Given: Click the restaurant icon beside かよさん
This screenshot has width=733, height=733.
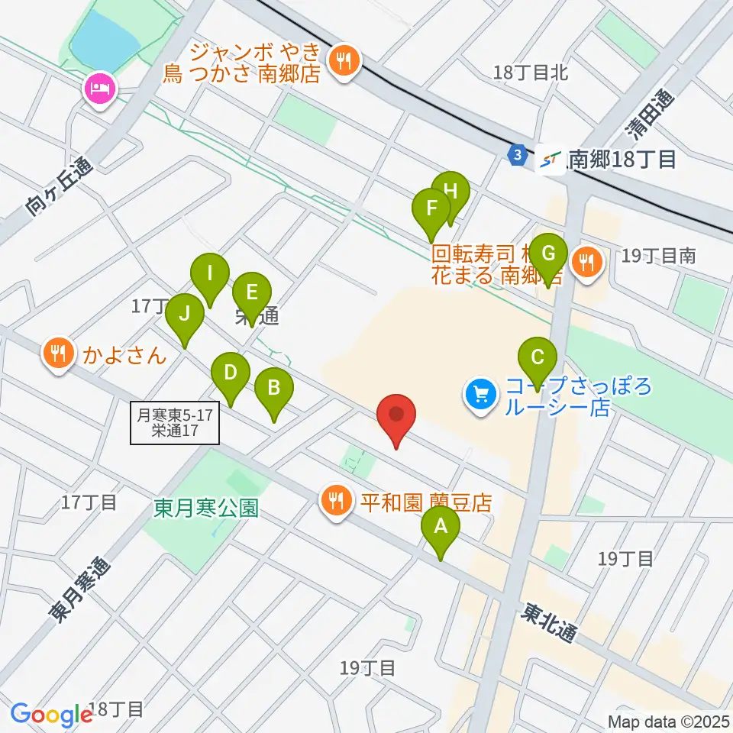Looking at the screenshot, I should pos(59,354).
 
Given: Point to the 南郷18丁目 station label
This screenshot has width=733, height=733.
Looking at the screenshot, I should pos(622,160).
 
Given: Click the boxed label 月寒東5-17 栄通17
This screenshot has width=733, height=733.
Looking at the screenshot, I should pos(175,423).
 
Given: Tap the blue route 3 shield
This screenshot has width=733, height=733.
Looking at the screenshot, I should pos(518,154).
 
